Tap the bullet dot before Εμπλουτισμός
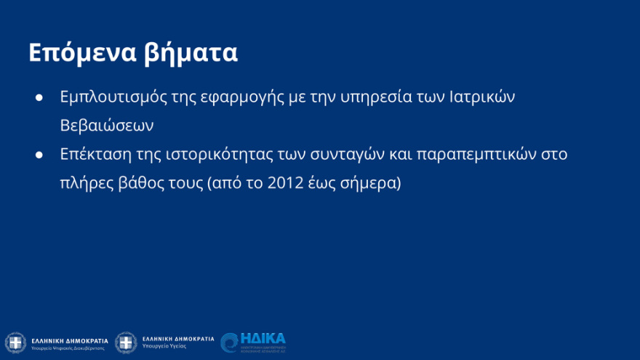tap(40, 97)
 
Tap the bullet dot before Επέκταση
tap(40, 154)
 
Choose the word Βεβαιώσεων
tap(107, 125)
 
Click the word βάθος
tap(145, 183)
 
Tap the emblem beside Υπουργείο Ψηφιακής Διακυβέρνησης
tap(15, 343)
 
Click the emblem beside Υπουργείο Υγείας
tap(126, 343)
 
